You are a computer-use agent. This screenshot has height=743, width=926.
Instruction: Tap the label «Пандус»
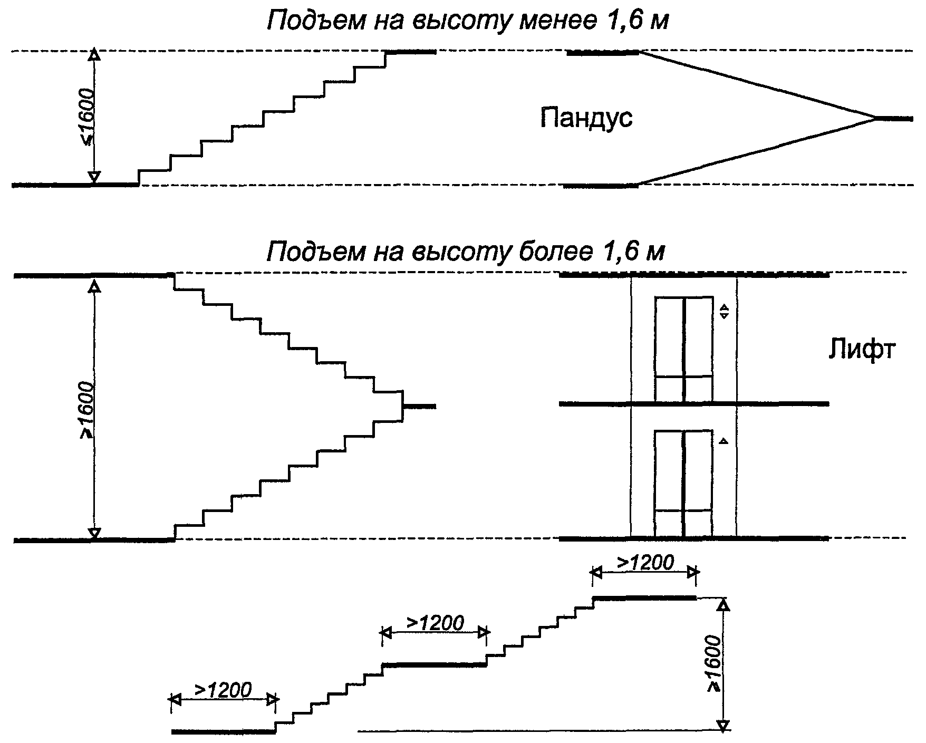[586, 118]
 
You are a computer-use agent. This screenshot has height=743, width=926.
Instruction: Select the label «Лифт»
[862, 350]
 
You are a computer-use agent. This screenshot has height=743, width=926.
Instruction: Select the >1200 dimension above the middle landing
[435, 623]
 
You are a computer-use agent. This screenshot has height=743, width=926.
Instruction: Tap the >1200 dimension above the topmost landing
[644, 563]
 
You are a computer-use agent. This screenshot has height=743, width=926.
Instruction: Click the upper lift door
[684, 349]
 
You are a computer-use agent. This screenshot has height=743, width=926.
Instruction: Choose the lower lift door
[684, 484]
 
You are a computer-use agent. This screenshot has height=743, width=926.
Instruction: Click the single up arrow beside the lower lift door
[724, 441]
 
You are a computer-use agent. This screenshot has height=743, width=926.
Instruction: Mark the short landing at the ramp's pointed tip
[894, 119]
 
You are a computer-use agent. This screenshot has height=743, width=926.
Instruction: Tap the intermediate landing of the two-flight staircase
[419, 406]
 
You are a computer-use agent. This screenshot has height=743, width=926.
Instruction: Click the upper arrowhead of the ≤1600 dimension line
[94, 55]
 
